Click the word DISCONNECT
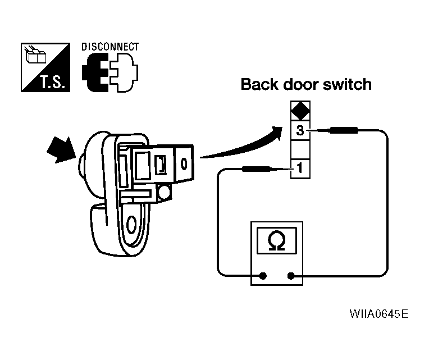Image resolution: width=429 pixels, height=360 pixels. tap(110, 47)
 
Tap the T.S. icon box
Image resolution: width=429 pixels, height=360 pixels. tap(45, 67)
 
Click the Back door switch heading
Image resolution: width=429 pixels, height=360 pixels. tap(306, 85)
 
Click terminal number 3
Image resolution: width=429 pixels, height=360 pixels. tap(299, 131)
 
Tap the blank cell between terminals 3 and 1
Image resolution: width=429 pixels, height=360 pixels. tap(299, 150)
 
